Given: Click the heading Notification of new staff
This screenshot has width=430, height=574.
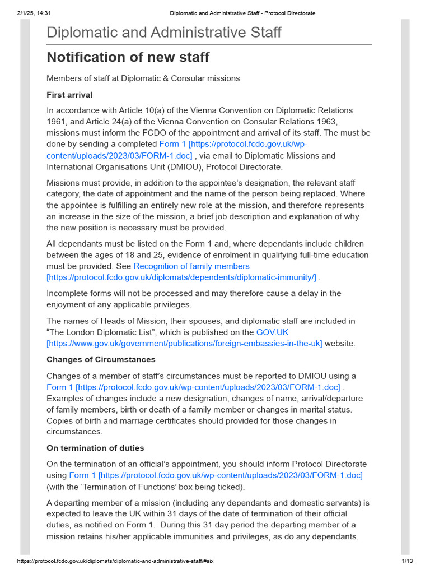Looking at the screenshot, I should point(128,57).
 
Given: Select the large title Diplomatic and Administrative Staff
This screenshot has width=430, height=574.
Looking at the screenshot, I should point(163,33).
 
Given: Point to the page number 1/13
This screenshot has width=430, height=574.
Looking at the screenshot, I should point(407,561).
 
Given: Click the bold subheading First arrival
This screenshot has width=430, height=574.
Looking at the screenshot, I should point(69,95).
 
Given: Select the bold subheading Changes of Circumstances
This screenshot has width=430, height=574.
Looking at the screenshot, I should point(101,359).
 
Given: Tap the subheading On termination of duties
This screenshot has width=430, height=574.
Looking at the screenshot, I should point(95,448).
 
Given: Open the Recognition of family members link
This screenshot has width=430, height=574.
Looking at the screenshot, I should point(191,266).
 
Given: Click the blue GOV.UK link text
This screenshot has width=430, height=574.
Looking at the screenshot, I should point(272,332).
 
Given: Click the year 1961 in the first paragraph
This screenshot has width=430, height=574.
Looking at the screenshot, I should point(57,122).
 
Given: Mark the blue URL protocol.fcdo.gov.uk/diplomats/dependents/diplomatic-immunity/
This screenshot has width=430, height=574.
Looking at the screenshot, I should point(181,277).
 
